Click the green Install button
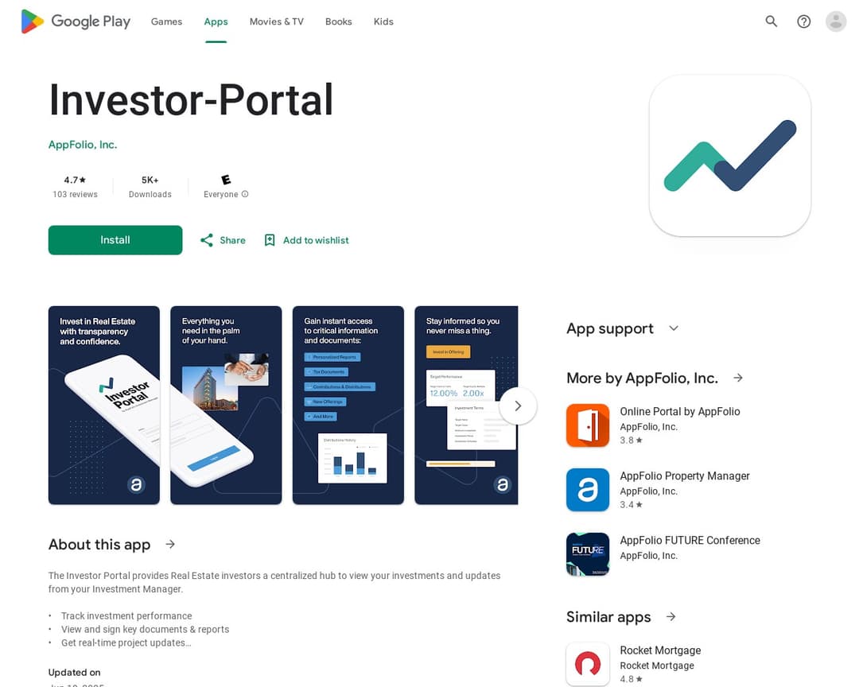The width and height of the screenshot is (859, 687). pos(115,240)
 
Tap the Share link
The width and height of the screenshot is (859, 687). pos(223,240)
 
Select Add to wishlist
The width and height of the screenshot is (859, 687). pos(306,240)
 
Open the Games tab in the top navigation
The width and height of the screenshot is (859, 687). pos(166,21)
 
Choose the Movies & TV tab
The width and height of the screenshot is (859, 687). pos(276,21)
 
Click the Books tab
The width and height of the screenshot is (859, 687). pos(338,21)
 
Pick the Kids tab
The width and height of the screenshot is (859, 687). pos(383,21)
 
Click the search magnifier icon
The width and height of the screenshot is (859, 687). pos(772,21)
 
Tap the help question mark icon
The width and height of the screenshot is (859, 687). pos(804,21)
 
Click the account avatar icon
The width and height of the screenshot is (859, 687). pos(836,21)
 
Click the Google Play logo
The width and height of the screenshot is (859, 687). pos(76,21)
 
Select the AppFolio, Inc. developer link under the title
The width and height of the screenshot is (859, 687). pos(83,145)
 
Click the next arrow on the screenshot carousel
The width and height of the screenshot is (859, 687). pos(518,406)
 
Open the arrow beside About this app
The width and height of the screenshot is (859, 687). pos(170,544)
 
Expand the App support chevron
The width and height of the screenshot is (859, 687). pos(674,328)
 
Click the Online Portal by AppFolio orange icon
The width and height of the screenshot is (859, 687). pos(588,425)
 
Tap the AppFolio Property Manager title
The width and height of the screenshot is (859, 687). pos(685,475)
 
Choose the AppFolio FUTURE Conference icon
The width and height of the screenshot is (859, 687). pos(588,554)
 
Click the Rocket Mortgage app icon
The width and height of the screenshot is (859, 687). pos(588,663)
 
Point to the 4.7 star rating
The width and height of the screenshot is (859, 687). pos(75,180)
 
